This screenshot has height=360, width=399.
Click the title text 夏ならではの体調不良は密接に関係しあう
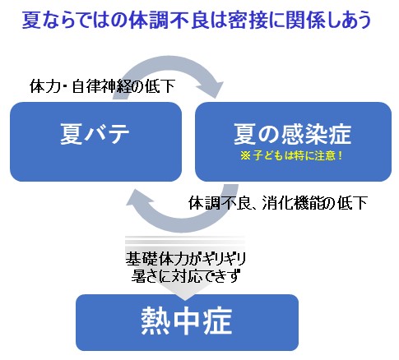click(197, 21)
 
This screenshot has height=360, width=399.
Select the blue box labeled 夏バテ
click(95, 141)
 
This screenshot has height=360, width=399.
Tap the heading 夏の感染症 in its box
click(292, 134)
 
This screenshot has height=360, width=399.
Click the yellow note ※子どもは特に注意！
click(292, 155)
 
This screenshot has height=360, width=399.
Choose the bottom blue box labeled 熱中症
click(187, 322)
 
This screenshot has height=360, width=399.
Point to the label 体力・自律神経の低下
click(102, 86)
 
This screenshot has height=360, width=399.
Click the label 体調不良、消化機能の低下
click(278, 203)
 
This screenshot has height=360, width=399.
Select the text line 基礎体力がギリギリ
click(186, 259)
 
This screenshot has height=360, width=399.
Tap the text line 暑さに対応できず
click(186, 275)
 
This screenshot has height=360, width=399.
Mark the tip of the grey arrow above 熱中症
click(185, 300)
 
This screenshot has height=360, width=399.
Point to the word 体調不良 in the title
click(169, 21)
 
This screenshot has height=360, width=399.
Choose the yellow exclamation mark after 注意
click(340, 155)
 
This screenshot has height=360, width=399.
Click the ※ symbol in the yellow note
click(246, 155)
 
